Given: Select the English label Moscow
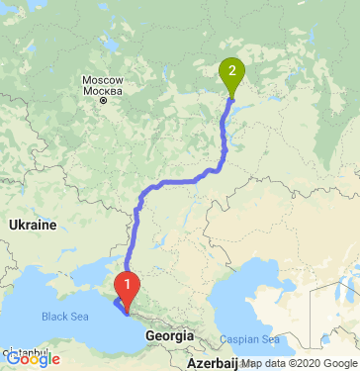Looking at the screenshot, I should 102,79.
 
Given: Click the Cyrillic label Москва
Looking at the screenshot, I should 102,91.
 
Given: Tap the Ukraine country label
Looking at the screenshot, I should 33,226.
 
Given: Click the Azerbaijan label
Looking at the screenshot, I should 200,364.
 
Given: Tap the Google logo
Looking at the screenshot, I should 33,360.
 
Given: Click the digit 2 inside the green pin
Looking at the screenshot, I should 231,70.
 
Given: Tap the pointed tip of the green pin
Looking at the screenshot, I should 231,97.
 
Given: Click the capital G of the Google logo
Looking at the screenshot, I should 13,360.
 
